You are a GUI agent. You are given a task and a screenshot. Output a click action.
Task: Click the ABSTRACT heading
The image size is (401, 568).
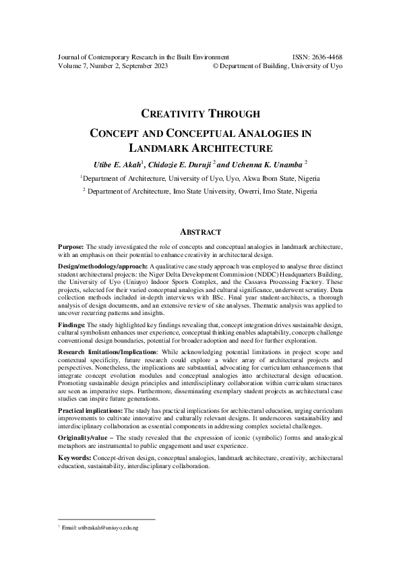point(200,231)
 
